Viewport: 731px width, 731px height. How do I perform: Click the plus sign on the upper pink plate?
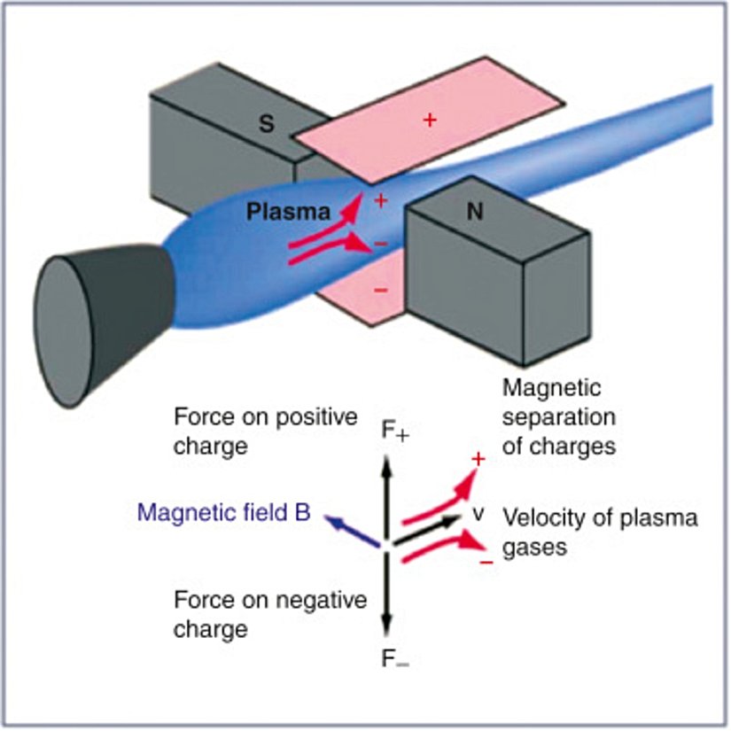[431, 120]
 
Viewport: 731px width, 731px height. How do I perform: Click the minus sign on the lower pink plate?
[379, 290]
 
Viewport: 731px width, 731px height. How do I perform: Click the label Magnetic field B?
[224, 513]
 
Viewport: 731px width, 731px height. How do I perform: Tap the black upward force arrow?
[386, 496]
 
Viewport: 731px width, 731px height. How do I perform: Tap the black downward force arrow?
[386, 594]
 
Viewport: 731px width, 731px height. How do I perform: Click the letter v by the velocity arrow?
[477, 515]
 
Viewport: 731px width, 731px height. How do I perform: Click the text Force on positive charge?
[265, 430]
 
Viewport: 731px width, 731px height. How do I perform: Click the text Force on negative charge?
[269, 615]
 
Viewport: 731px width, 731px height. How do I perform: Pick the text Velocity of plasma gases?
[599, 533]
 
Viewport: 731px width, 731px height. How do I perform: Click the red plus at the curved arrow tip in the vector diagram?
[478, 459]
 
